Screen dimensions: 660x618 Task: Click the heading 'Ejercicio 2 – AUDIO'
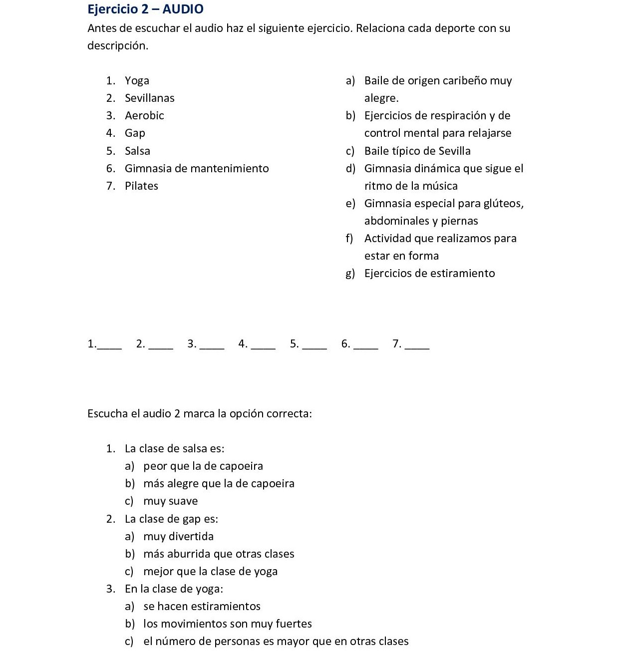[145, 9]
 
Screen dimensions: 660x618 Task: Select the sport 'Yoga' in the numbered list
[137, 81]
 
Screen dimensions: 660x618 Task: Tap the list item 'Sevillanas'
[149, 98]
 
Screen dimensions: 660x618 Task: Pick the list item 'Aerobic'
[144, 116]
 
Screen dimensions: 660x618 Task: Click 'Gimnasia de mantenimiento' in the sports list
[197, 169]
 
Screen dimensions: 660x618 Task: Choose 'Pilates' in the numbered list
[141, 186]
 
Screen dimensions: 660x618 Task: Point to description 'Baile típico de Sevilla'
[417, 151]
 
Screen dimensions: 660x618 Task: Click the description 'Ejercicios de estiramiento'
[429, 274]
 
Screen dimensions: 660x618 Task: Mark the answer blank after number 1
[110, 345]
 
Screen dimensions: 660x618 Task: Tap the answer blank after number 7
[418, 345]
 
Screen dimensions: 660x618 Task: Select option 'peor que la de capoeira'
[203, 466]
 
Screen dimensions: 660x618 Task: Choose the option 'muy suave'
[170, 501]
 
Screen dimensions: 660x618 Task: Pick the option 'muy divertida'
[178, 537]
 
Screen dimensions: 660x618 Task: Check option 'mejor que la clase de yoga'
[210, 572]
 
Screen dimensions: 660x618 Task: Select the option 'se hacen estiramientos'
[202, 607]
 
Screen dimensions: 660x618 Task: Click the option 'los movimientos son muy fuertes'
[227, 624]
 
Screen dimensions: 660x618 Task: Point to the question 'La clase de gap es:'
[171, 519]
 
